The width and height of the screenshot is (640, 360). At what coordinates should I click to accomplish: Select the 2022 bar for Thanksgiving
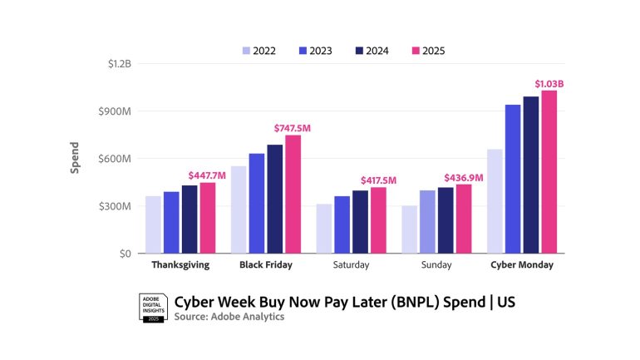click(153, 224)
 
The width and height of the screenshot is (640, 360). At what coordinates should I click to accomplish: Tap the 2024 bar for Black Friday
click(275, 199)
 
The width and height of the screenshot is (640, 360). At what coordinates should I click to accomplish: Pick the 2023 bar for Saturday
click(342, 224)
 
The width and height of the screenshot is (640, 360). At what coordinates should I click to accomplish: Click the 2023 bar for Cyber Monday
click(513, 179)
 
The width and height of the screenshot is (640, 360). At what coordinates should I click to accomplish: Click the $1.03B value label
click(549, 83)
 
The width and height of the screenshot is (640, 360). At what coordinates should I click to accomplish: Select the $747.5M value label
click(293, 128)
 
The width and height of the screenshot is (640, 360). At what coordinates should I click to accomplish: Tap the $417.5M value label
click(378, 180)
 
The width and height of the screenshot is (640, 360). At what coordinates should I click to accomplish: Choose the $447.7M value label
click(207, 175)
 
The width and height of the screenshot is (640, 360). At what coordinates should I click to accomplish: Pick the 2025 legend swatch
click(416, 51)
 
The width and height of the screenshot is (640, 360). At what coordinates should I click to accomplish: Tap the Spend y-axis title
click(75, 159)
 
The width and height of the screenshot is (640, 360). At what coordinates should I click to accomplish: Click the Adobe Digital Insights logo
click(153, 308)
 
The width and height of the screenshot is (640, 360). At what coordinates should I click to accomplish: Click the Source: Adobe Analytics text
click(229, 317)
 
